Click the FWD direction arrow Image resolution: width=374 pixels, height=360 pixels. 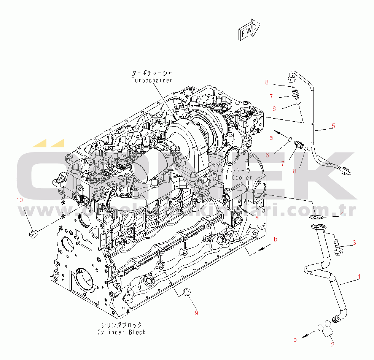pos(249,29)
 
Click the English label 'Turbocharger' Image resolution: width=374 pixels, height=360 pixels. pos(152,80)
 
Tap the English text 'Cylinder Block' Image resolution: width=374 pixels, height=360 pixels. pos(121,332)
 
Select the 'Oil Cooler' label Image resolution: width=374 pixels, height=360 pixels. pos(235,178)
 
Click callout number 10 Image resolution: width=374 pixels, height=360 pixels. pos(19,200)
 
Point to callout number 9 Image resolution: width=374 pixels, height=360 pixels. pos(196,313)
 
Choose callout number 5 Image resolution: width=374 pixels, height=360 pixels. pos(333,126)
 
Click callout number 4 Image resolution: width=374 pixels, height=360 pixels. pos(342,214)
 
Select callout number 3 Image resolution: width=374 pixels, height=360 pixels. pos(354,242)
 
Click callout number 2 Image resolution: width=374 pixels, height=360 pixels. pos(333,345)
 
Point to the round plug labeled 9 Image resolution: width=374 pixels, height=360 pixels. pos(187,292)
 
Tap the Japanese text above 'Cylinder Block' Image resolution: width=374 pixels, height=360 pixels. pos(121,325)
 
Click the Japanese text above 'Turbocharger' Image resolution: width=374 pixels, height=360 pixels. pos(152,73)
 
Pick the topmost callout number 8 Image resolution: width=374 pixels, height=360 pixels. pos(267,82)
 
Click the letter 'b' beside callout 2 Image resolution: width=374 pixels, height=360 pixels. pos(294,339)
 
